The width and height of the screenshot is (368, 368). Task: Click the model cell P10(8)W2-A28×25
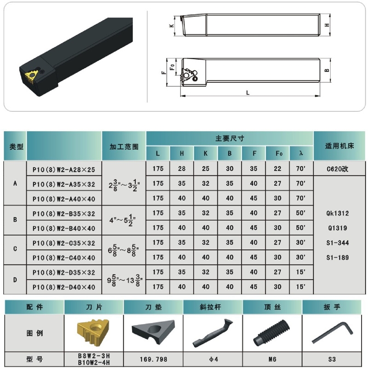click(x=64, y=169)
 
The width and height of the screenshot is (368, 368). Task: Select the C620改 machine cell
click(x=337, y=169)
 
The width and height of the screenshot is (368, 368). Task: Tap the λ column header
click(x=301, y=153)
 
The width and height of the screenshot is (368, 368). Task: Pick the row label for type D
click(x=15, y=280)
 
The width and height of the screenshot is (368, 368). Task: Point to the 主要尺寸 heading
click(x=230, y=138)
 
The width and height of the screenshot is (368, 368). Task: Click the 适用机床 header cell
click(x=339, y=146)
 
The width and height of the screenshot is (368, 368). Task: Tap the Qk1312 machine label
click(x=338, y=213)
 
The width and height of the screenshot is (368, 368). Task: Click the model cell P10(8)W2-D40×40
click(x=64, y=287)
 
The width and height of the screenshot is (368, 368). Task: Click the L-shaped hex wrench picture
click(x=332, y=333)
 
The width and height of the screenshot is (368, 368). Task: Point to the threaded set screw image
click(x=271, y=333)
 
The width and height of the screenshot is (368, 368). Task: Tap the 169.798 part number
click(x=154, y=359)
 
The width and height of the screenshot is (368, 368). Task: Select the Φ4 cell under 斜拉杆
click(x=213, y=359)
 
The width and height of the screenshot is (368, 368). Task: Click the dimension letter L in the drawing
click(x=248, y=93)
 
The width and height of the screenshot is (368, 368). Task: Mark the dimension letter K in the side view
click(x=172, y=25)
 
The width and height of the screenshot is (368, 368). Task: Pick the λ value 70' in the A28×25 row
click(x=301, y=169)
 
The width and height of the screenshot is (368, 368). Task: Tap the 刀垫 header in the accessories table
click(x=154, y=307)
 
